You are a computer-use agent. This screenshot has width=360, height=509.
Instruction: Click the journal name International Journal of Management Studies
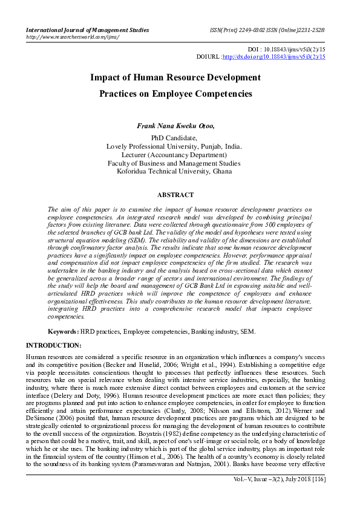coord(86,29)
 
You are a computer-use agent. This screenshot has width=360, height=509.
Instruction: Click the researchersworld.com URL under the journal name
coord(72,37)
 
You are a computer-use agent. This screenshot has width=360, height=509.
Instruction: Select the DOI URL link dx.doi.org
coord(274,57)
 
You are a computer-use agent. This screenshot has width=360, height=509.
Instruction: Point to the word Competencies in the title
coord(222,94)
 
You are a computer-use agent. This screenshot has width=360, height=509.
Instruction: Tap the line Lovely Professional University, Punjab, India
coord(174,146)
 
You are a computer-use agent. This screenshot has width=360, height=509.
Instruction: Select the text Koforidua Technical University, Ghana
coord(174,172)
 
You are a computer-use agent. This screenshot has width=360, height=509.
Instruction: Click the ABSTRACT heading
coord(175,195)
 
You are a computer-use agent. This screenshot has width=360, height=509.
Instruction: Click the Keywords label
coord(63,332)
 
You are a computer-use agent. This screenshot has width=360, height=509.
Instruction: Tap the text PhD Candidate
coord(174,138)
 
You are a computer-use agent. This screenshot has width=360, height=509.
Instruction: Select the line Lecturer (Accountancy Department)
coord(174,155)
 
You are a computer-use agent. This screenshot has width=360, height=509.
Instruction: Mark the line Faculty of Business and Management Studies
coord(174,163)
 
